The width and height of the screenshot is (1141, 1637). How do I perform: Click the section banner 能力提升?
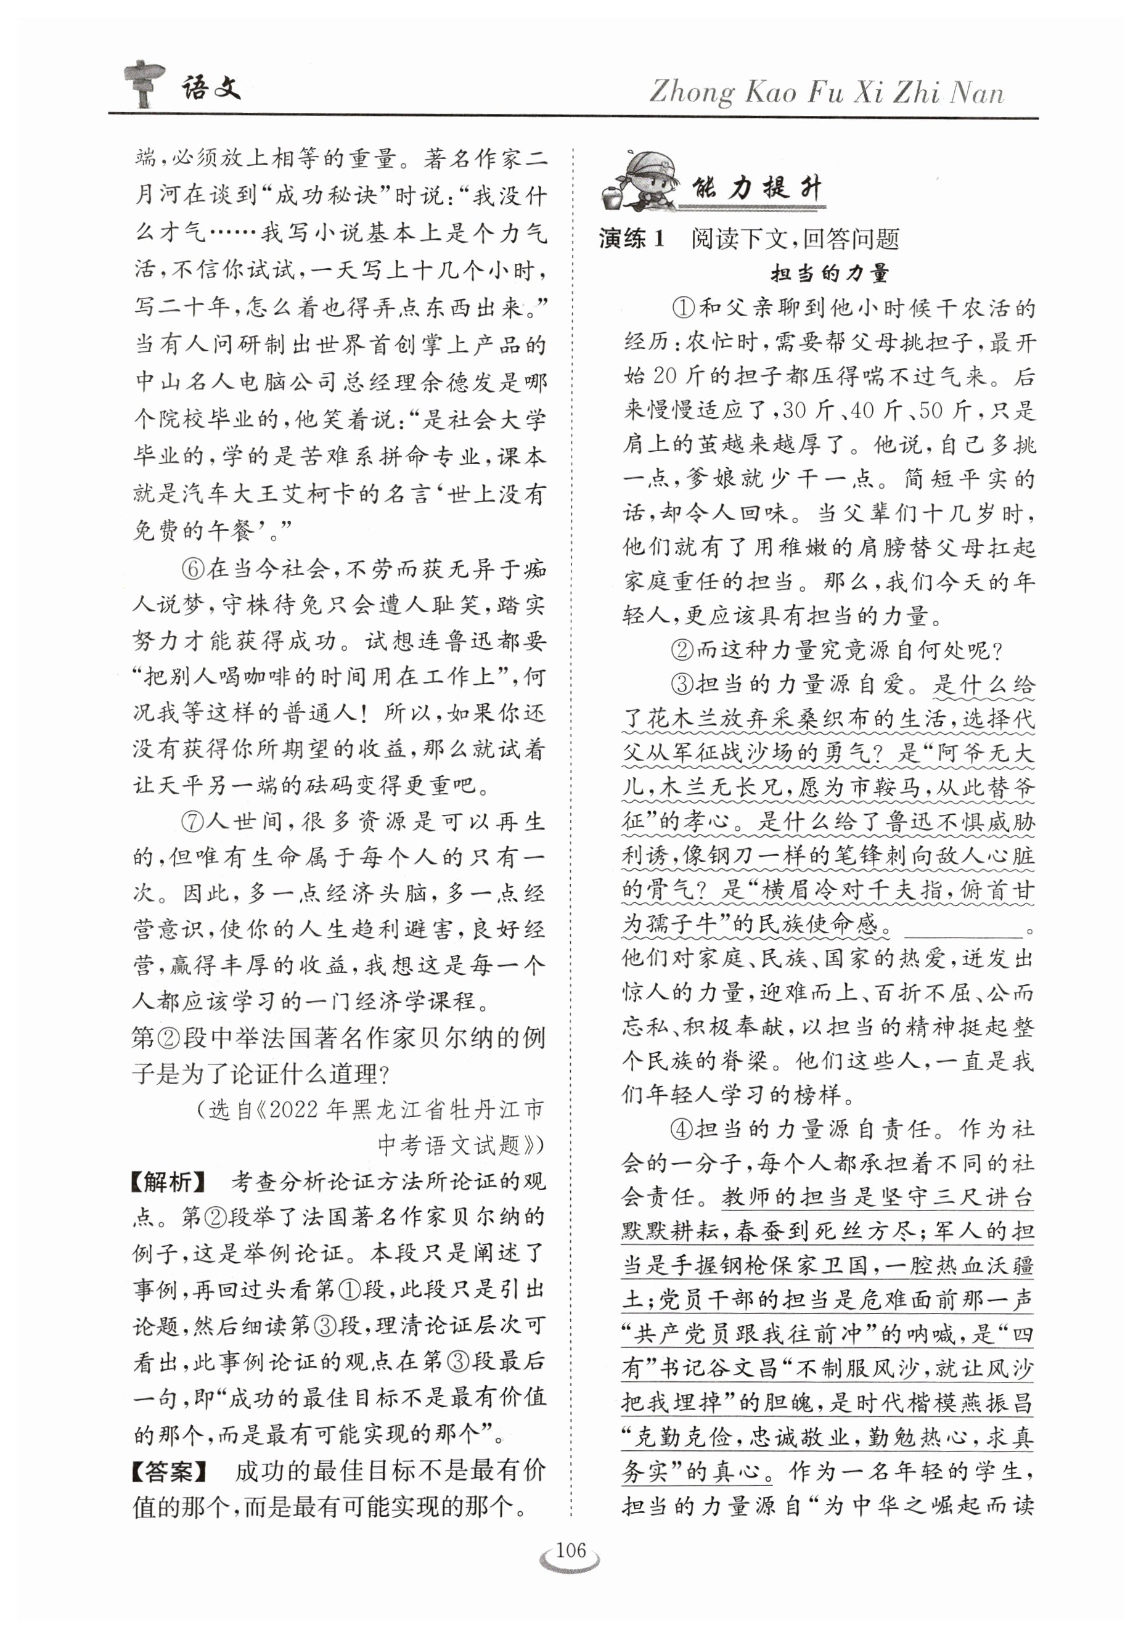[x=756, y=189]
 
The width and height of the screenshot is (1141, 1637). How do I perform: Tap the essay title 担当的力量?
[x=829, y=273]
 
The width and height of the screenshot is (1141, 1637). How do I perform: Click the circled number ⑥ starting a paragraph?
[x=192, y=569]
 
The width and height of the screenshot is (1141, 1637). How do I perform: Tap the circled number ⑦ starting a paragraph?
[x=192, y=822]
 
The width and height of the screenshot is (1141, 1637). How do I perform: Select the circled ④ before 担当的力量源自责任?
[x=682, y=1129]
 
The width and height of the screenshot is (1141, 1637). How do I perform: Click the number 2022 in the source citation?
[x=296, y=1109]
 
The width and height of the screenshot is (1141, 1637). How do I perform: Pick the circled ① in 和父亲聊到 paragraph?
[x=682, y=308]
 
